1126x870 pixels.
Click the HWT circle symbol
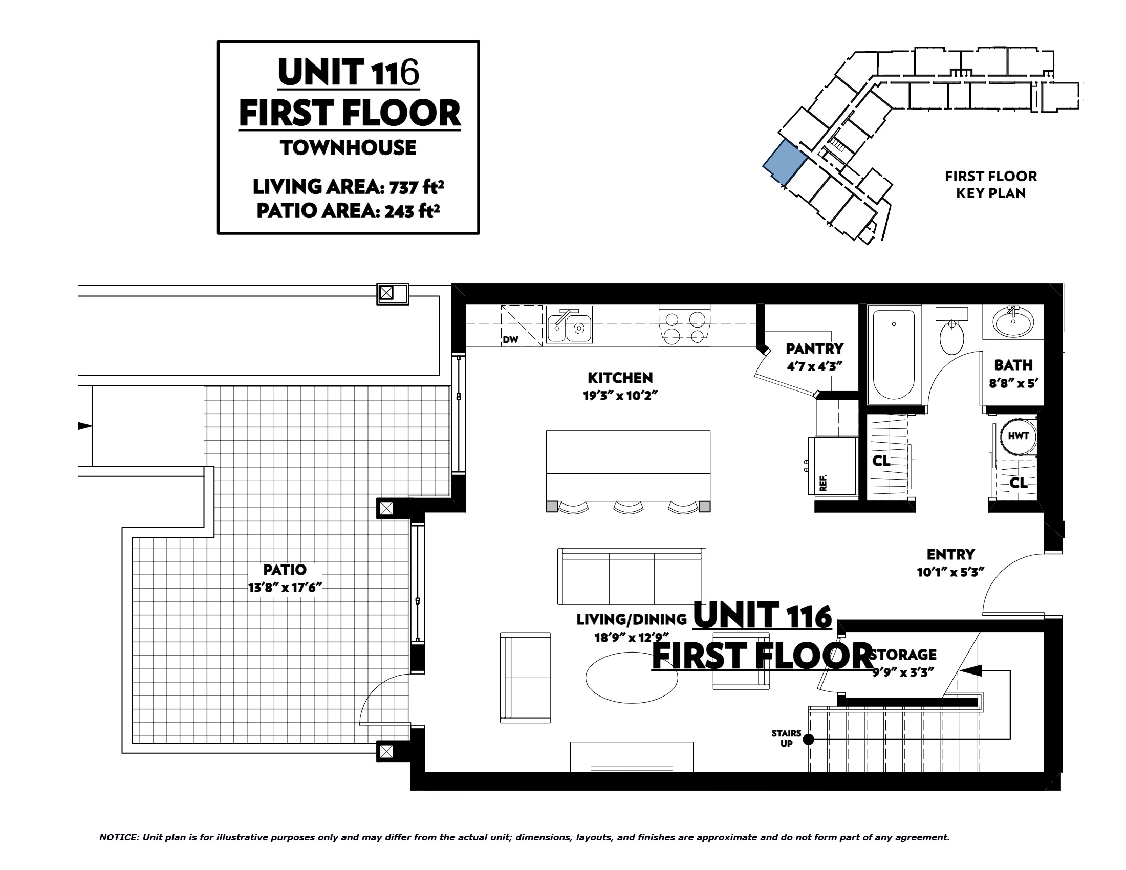click(x=1018, y=436)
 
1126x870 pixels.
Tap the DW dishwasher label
click(x=510, y=340)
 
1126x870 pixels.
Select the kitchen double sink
click(x=570, y=324)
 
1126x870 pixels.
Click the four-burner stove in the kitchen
click(x=684, y=325)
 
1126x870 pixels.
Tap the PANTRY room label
click(x=815, y=349)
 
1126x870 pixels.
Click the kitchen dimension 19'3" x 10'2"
click(x=621, y=396)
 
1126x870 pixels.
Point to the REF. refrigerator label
click(x=823, y=483)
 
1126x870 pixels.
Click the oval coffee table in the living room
click(x=632, y=678)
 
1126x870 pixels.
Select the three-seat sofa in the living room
click(x=632, y=577)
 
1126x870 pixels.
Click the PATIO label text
click(x=285, y=570)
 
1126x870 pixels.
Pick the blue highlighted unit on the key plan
click(x=785, y=163)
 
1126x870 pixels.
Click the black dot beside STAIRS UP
click(x=809, y=739)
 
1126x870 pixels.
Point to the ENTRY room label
click(x=951, y=555)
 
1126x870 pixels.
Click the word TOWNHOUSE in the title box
click(x=349, y=148)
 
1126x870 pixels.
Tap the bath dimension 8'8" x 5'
click(x=1013, y=383)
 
